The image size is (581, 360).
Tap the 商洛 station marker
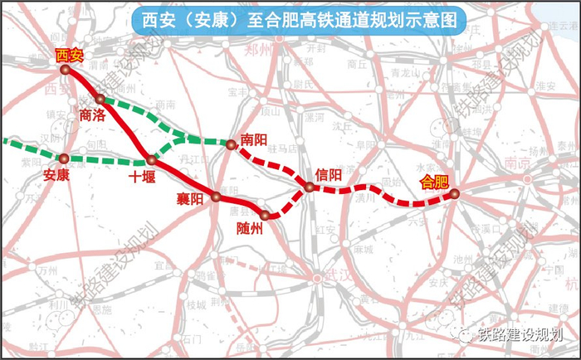[x=100, y=100]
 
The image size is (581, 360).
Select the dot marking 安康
[x=64, y=157]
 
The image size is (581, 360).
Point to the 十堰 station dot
[x=151, y=160]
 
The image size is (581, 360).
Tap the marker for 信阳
[x=309, y=187]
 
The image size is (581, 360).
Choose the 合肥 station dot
[x=454, y=195]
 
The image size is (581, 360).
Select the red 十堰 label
[x=143, y=177]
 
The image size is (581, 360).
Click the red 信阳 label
[x=329, y=175]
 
